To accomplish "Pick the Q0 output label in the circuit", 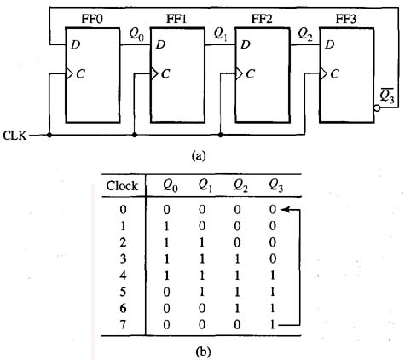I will click(x=136, y=34).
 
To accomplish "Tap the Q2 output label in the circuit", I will click(x=304, y=34).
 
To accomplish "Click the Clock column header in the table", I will click(x=121, y=186).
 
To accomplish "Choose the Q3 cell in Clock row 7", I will click(x=273, y=323).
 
